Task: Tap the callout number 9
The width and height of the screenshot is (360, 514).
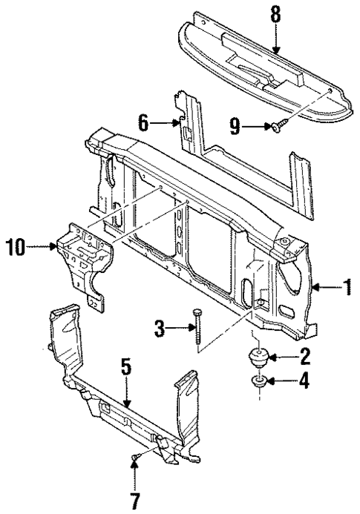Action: tap(236, 128)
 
